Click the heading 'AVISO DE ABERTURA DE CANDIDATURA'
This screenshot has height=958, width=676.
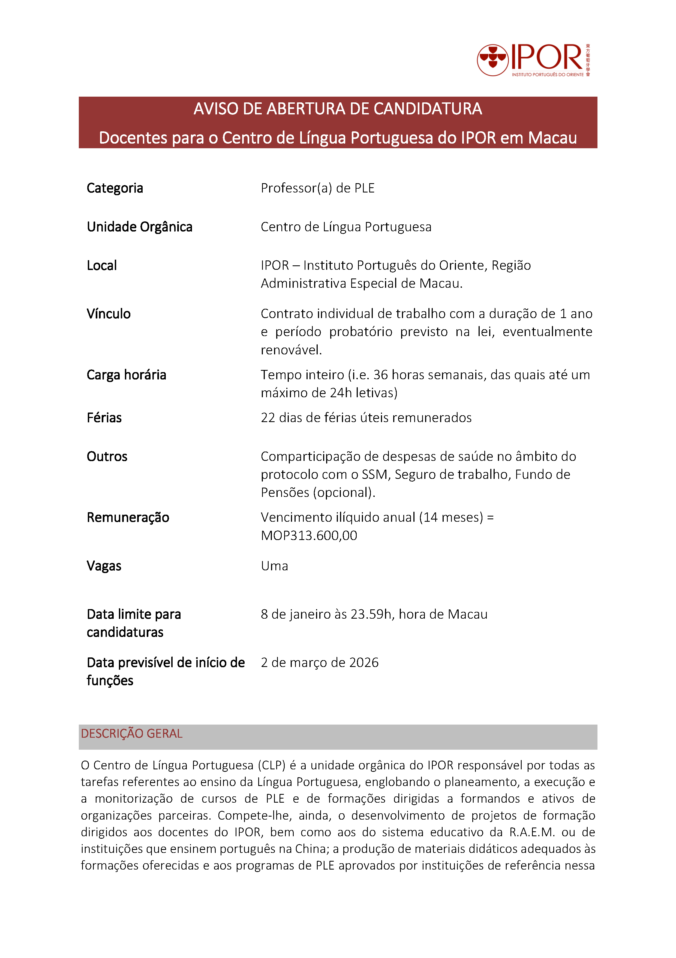pos(338,109)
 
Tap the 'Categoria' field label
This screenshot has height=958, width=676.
pos(115,188)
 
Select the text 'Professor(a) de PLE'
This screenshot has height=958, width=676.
pos(318,188)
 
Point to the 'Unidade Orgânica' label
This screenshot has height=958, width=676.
pos(140,227)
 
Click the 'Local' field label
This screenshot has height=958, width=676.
pos(102,265)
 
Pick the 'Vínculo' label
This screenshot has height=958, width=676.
pos(108,314)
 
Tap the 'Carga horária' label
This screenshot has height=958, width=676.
pos(126,375)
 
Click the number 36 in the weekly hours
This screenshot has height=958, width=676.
pos(380,375)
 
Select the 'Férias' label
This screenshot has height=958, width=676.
pos(104,418)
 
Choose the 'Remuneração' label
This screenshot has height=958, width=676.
pos(128,517)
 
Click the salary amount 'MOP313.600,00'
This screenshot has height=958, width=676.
pos(309,535)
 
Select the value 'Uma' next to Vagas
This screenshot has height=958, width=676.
pos(274,566)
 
